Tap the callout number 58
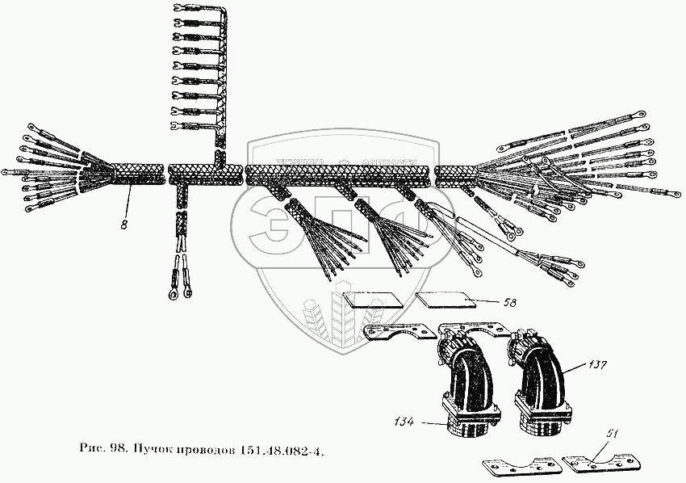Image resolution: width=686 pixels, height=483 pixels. pos(508,302)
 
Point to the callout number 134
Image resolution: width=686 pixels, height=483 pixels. pos(405,421)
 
